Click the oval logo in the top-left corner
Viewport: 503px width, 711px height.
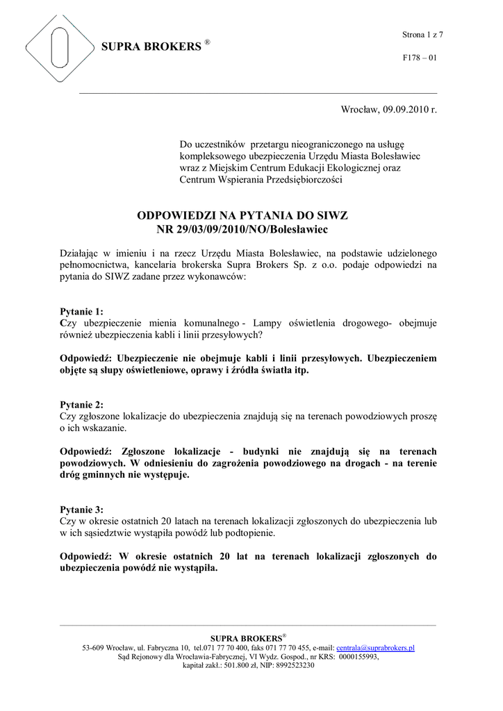pos(59,48)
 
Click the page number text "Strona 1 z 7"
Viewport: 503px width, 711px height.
pos(422,35)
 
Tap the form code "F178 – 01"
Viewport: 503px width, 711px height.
pos(419,58)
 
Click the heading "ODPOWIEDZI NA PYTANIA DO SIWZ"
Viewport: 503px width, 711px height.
pos(242,216)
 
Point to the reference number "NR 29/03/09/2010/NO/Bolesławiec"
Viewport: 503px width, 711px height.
pos(242,229)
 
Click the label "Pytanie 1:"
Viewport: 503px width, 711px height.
pos(82,312)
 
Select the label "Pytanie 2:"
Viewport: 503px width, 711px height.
pos(82,405)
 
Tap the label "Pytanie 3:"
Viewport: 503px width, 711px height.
pos(82,509)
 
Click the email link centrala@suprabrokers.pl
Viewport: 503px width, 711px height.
pos(375,648)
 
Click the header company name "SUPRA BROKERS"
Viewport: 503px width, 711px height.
pos(151,47)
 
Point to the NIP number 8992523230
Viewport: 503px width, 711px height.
pos(295,665)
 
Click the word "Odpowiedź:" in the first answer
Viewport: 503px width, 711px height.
pos(86,358)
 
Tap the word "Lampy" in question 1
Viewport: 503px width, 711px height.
pos(267,324)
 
